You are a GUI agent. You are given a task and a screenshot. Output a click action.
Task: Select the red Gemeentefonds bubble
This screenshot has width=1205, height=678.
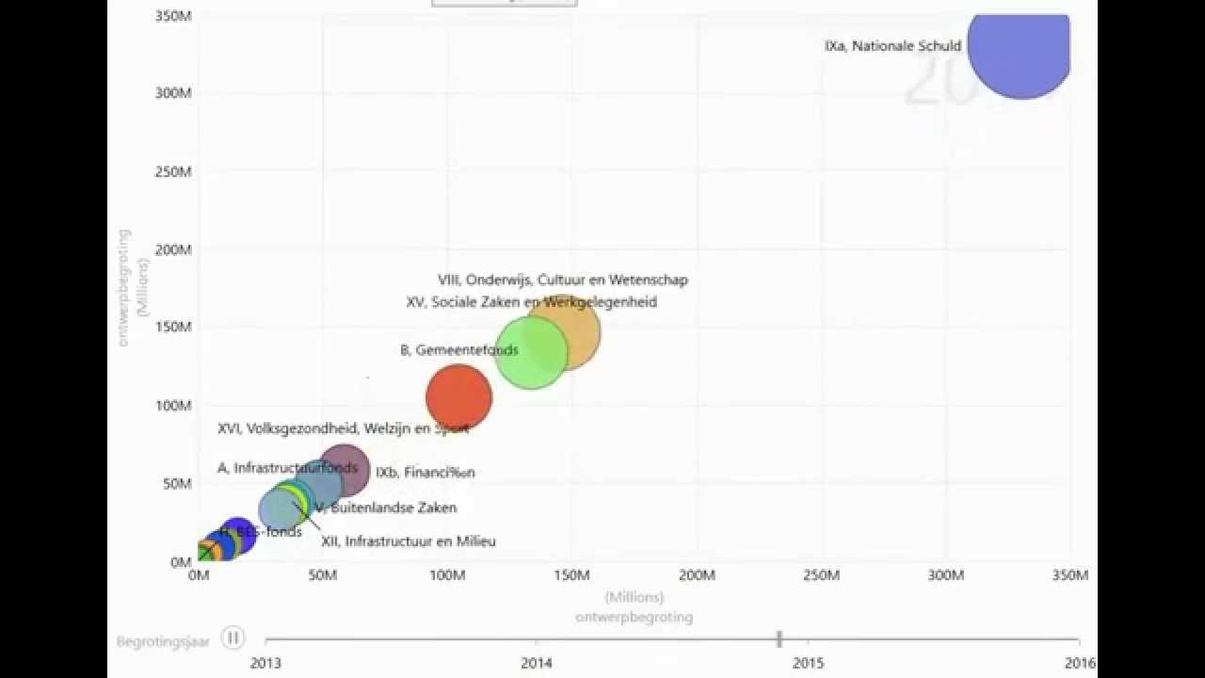click(458, 397)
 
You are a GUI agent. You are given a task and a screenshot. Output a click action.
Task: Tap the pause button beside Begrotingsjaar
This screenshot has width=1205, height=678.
click(233, 638)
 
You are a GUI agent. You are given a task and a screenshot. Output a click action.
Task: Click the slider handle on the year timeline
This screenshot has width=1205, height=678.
click(779, 639)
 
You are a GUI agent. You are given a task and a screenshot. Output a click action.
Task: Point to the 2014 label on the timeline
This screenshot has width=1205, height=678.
click(537, 663)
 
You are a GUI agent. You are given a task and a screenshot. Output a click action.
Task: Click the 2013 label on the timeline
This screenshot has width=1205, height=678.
click(265, 663)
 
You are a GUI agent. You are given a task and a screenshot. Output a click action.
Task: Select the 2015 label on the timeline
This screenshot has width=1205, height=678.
click(808, 663)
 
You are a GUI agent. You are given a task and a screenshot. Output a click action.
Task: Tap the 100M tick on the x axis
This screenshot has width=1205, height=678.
click(447, 575)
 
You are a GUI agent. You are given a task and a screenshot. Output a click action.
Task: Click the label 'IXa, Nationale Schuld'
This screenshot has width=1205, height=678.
click(892, 45)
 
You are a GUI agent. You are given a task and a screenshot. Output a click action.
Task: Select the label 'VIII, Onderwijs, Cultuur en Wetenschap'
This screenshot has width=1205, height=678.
click(563, 280)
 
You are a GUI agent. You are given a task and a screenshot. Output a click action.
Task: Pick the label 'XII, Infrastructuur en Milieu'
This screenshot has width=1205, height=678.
click(409, 541)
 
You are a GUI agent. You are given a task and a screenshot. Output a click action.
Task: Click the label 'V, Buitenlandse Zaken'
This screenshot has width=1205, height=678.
click(386, 508)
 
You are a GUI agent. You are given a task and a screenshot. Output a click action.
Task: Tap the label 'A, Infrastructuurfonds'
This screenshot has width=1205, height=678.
click(287, 468)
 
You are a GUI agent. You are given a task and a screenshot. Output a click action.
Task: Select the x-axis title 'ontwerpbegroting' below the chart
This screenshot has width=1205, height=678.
click(635, 617)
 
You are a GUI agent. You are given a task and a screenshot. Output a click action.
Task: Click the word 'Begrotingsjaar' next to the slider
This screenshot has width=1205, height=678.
click(163, 641)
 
